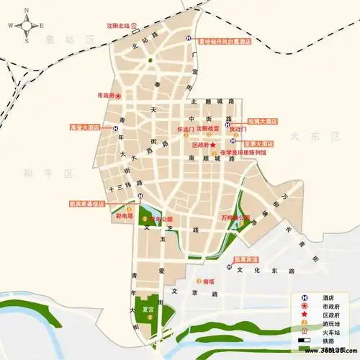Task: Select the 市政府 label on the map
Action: pos(106,94)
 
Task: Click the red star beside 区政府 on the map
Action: pos(213,145)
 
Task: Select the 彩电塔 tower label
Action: pos(123,215)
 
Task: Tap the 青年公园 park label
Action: pos(161,218)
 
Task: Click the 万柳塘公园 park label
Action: pos(235,217)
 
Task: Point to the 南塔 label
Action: pos(209,281)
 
